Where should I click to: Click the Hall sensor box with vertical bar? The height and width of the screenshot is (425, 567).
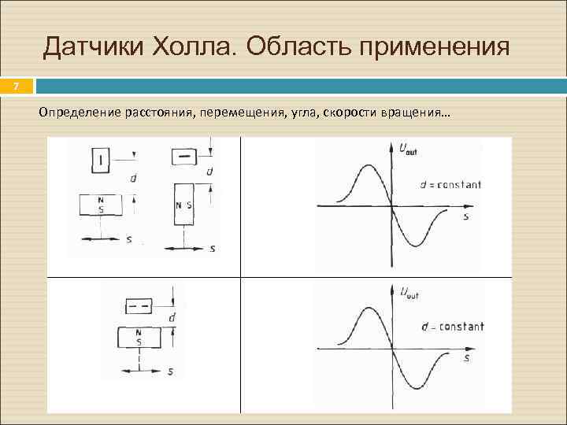pos(102,161)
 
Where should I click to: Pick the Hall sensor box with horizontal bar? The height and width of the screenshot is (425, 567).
pos(186,155)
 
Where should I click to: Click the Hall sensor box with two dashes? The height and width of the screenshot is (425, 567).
pos(139,306)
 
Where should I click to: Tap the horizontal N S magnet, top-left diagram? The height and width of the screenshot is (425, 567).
pos(101,205)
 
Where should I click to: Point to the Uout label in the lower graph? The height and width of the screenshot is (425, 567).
pos(409,294)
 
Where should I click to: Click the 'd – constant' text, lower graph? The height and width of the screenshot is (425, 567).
pos(452,326)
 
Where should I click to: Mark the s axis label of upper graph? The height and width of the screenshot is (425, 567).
pos(465,216)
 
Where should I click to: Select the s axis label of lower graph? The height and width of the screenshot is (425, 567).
pos(466,357)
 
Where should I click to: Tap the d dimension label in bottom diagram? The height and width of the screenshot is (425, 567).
pos(172,317)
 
